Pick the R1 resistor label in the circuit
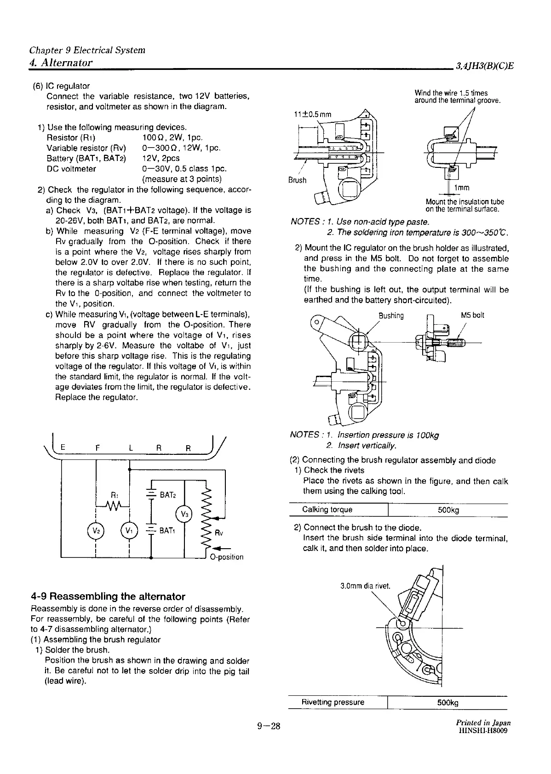(115, 495)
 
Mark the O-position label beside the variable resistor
(226, 557)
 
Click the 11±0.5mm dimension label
(312, 115)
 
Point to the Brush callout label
(297, 180)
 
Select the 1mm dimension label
(461, 188)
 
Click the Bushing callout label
(391, 315)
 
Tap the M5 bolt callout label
(472, 315)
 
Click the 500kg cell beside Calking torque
(448, 510)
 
